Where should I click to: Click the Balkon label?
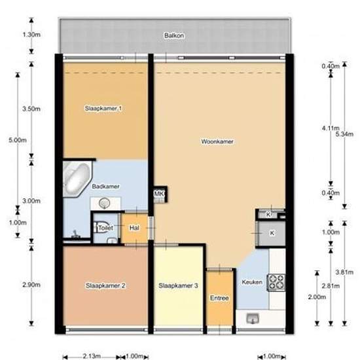point(174,35)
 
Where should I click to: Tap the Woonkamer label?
point(217,141)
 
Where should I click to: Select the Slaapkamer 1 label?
point(103,108)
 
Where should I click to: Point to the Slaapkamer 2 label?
point(105,285)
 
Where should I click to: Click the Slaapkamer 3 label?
point(178,285)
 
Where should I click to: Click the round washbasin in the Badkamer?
point(105,203)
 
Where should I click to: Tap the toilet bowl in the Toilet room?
point(101,228)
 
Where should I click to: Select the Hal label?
point(134,228)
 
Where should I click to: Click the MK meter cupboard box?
point(160,194)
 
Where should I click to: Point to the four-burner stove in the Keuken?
point(276,282)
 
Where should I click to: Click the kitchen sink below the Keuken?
point(252,319)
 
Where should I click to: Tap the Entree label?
point(219,298)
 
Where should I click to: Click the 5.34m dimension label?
point(344,134)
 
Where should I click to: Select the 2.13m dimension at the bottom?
point(92,356)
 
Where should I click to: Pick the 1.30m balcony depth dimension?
point(31,35)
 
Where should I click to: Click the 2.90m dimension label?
point(31,285)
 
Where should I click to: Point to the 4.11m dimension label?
point(331,128)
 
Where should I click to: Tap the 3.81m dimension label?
point(344,272)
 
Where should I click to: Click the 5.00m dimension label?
point(18,140)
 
